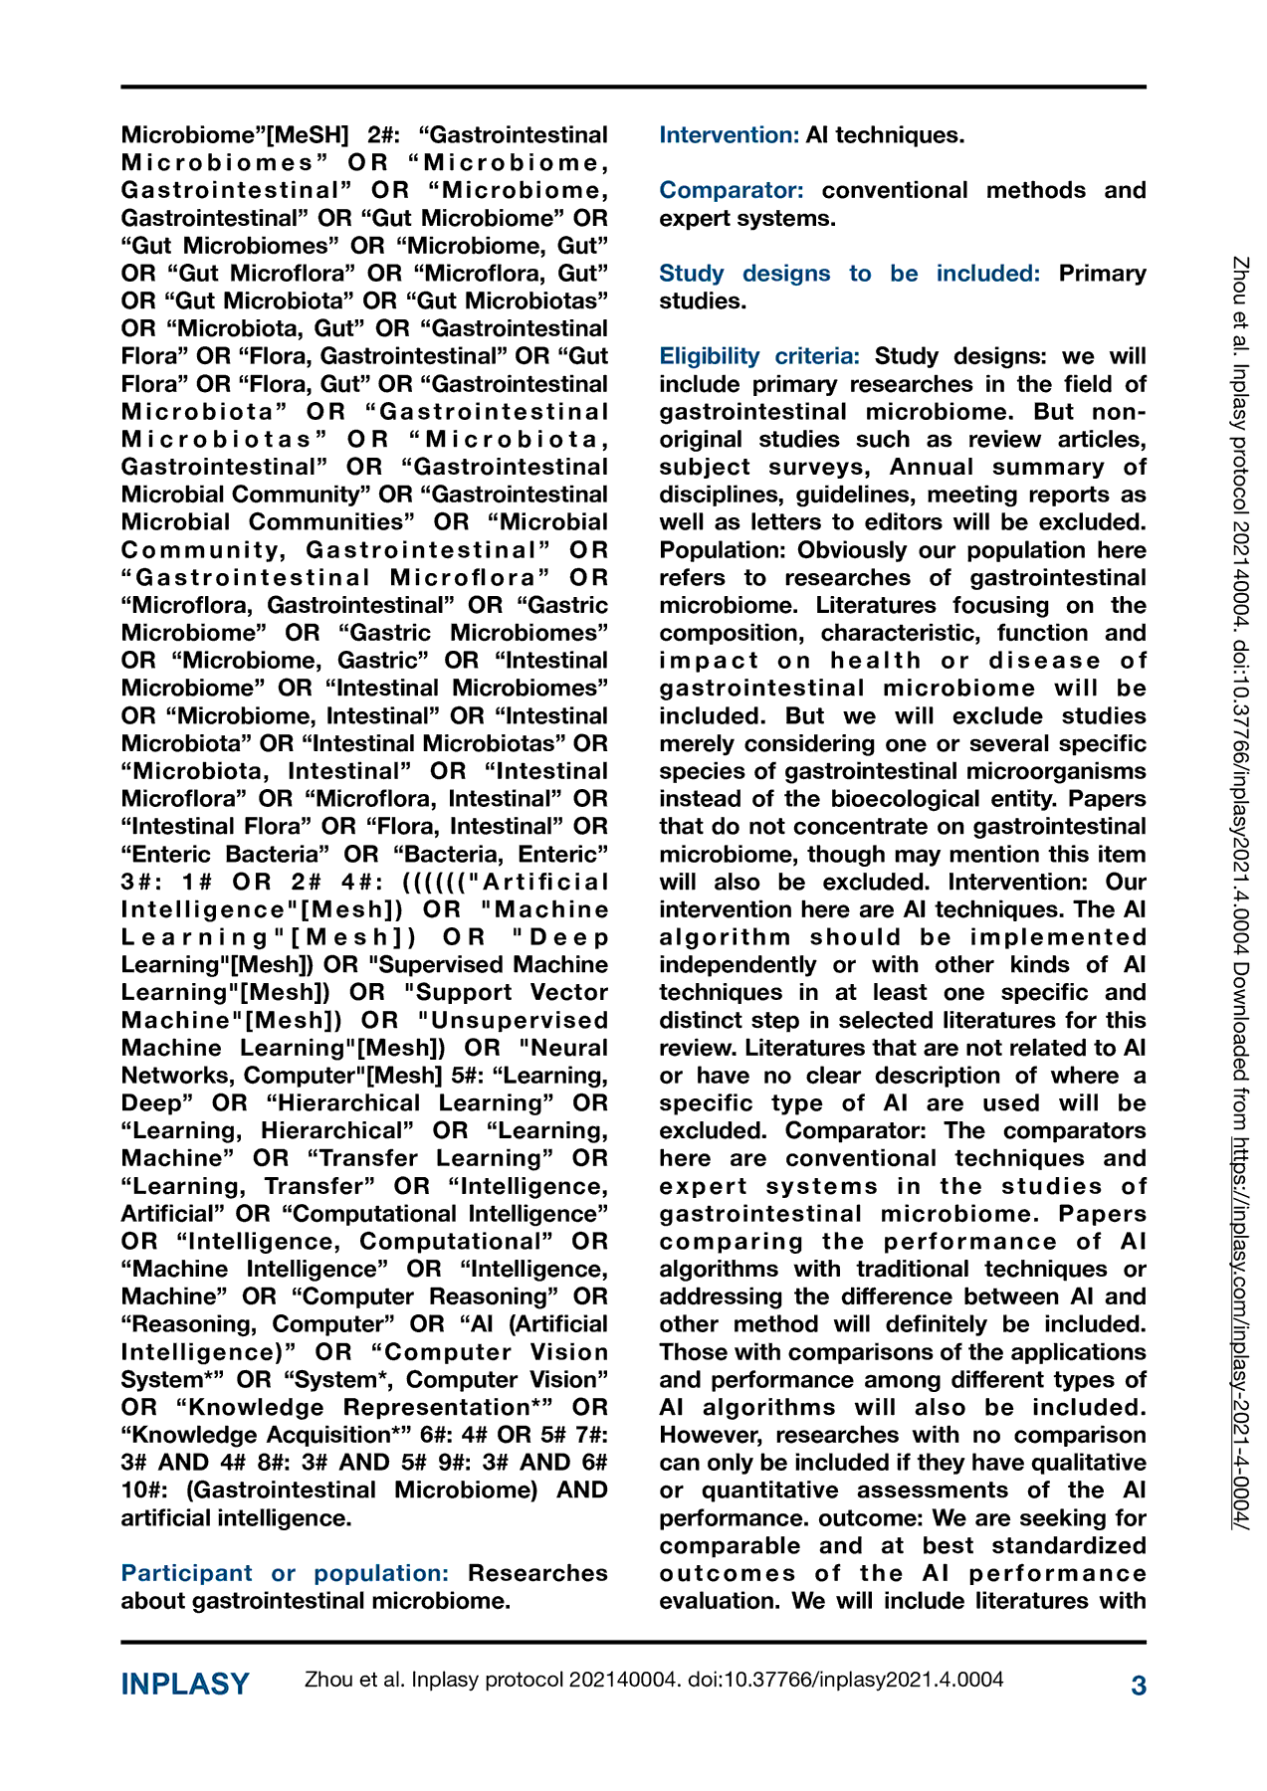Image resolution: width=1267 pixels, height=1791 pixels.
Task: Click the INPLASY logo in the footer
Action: tap(185, 1685)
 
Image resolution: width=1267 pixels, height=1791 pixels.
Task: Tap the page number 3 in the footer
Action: tap(1139, 1686)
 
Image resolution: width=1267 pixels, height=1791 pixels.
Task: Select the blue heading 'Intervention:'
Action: tap(729, 135)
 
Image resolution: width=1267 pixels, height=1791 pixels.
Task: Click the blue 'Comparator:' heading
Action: tap(732, 190)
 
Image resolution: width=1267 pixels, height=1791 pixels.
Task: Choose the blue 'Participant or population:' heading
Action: tap(285, 1573)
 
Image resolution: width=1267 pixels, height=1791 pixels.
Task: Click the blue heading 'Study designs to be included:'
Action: tap(849, 274)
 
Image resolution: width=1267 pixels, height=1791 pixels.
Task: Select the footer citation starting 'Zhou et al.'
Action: tap(653, 1681)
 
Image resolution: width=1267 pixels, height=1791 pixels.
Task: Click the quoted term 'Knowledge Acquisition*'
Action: tap(263, 1435)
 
